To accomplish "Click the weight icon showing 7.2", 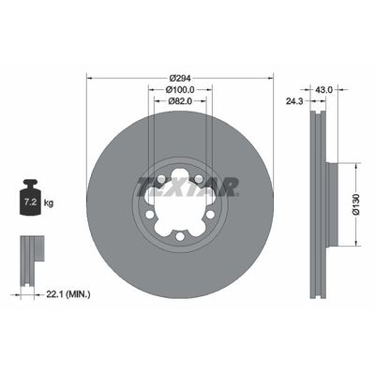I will (x=30, y=198).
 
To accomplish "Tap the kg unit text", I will (x=49, y=202).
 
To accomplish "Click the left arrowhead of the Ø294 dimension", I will (x=89, y=78).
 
